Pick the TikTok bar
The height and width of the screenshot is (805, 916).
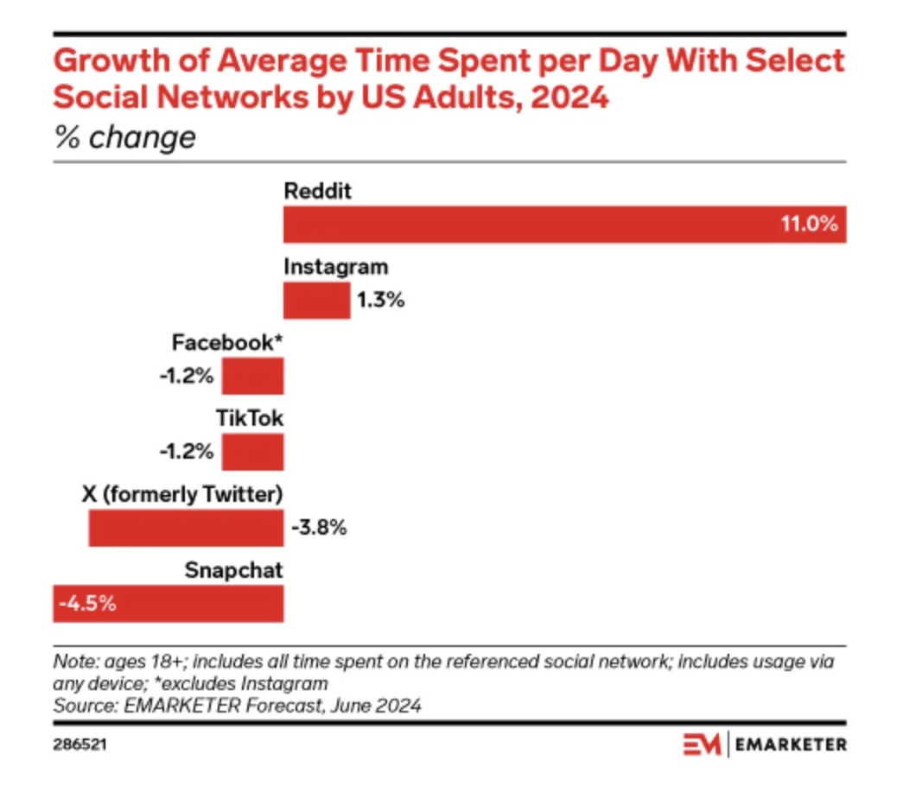point(252,452)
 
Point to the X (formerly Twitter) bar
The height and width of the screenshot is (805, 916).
point(186,528)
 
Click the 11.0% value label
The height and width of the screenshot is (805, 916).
point(809,225)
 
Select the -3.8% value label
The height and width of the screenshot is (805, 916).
point(319,528)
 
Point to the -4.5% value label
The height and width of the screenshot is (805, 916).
point(87,604)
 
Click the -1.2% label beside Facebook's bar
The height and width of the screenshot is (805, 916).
point(186,377)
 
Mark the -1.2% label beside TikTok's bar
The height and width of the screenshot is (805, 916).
point(186,452)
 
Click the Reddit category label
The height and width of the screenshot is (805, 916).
point(318,192)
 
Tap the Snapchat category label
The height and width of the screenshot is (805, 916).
point(233,570)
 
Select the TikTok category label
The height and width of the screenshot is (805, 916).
point(250,419)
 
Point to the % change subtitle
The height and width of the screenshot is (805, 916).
point(124,137)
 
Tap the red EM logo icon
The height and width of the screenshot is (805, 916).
point(703,744)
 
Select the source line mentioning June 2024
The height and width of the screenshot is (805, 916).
point(238,706)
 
